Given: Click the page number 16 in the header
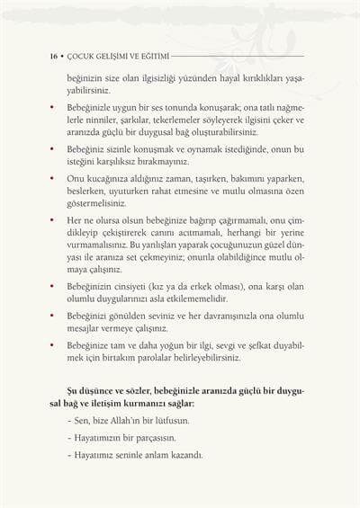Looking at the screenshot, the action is click(x=53, y=56).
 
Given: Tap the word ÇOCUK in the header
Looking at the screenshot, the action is click(x=81, y=56).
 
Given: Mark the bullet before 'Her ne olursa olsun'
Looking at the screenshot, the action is click(x=52, y=221).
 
